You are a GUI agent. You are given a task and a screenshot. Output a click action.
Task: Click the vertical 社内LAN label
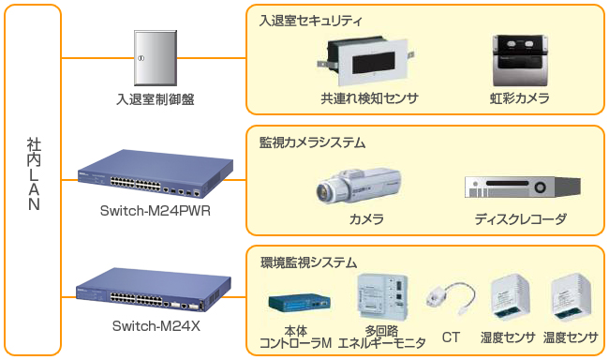[x=34, y=173]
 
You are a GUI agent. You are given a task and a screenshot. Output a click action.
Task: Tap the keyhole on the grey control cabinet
[x=141, y=58]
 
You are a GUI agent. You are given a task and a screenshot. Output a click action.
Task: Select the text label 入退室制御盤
[x=156, y=99]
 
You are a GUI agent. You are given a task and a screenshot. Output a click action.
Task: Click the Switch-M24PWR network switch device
[x=156, y=172]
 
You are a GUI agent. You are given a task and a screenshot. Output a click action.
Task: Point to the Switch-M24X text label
[x=156, y=326]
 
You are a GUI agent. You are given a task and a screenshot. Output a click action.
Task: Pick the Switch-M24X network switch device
[x=154, y=290]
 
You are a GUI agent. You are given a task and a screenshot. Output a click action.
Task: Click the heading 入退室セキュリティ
[x=311, y=21]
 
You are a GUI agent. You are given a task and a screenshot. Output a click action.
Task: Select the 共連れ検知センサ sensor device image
[x=365, y=61]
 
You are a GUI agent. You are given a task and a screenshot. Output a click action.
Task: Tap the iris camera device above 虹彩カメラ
[x=520, y=61]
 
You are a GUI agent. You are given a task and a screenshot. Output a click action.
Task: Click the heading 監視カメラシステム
[x=312, y=142]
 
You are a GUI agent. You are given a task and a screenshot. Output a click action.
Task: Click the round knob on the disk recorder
[x=540, y=187]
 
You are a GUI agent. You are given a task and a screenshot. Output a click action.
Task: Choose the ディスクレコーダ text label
[x=520, y=219]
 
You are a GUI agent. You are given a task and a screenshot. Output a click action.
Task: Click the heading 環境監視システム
[x=308, y=262]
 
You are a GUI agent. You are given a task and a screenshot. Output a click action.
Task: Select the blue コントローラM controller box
[x=299, y=303]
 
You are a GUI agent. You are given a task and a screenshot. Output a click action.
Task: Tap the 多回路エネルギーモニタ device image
[x=382, y=296]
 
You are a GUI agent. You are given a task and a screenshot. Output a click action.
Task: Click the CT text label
[x=451, y=337]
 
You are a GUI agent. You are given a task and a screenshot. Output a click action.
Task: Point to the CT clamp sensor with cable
[x=452, y=298]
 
